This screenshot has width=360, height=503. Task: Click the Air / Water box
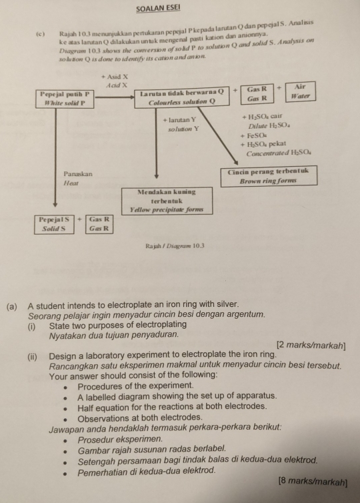(x=301, y=92)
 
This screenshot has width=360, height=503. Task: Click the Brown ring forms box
(x=268, y=175)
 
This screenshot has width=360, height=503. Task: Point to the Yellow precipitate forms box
(x=167, y=199)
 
